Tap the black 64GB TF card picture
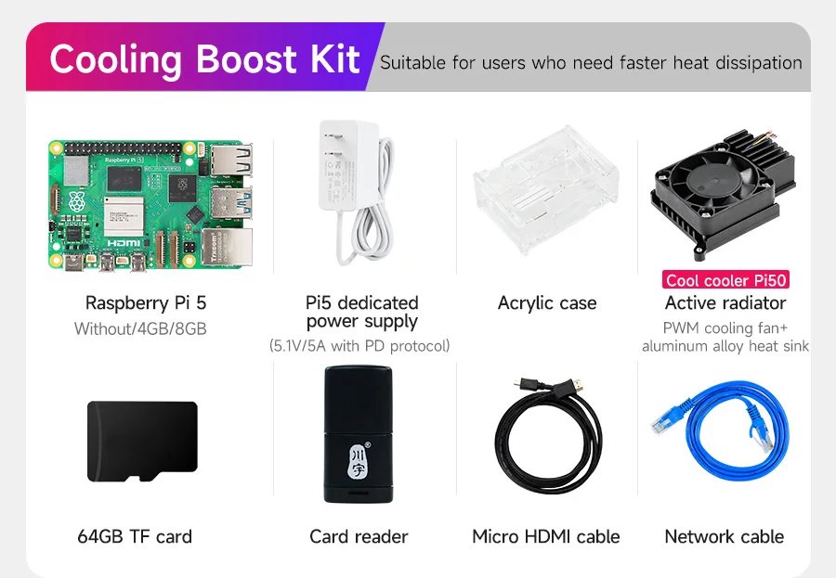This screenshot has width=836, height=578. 141,442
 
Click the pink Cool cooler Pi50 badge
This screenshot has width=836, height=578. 726,280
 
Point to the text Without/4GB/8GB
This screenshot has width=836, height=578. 140,328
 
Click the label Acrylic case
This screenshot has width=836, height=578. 547,303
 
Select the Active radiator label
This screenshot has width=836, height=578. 725,303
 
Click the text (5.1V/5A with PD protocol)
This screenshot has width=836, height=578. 359,346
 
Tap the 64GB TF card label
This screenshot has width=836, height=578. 135,536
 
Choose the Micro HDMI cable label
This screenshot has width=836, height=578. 545,536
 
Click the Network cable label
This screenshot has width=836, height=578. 725,536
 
